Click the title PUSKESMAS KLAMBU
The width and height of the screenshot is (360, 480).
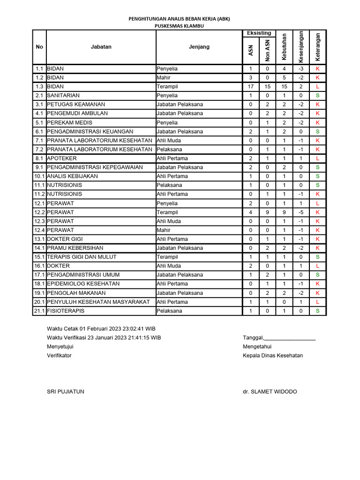(180, 26)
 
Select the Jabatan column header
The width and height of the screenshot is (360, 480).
(101, 47)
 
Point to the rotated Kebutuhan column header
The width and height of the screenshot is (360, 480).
(284, 47)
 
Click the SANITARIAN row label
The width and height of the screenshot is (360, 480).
(63, 96)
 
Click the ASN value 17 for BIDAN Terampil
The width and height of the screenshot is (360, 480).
(251, 87)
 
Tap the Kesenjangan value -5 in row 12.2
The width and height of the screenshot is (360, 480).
(301, 212)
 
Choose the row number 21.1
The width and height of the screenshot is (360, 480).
(39, 311)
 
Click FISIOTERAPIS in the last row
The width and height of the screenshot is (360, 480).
(66, 311)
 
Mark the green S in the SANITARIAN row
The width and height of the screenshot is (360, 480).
(318, 96)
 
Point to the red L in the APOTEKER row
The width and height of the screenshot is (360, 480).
(318, 158)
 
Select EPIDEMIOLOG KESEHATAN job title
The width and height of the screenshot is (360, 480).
(83, 284)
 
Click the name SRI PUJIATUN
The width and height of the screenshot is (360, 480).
(66, 392)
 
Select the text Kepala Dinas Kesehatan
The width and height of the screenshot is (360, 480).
(273, 355)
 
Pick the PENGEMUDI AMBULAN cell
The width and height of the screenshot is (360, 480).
(77, 113)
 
